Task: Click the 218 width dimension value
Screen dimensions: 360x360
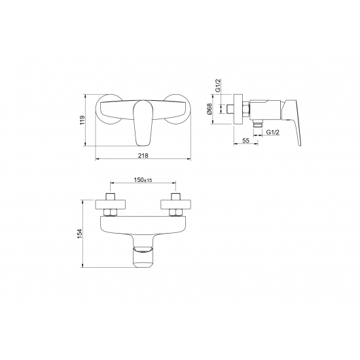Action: tap(143, 155)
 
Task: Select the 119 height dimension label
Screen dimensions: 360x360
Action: tap(82, 120)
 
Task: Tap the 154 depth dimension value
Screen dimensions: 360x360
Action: tap(79, 234)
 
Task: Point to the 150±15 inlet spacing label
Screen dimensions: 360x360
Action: tap(143, 180)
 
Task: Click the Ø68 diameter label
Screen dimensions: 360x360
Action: tap(209, 109)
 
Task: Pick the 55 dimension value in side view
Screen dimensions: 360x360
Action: tap(245, 141)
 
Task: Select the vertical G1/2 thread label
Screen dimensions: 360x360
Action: tap(218, 85)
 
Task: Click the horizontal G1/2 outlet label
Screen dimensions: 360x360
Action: tap(272, 132)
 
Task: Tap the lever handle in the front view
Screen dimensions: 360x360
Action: tap(143, 123)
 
